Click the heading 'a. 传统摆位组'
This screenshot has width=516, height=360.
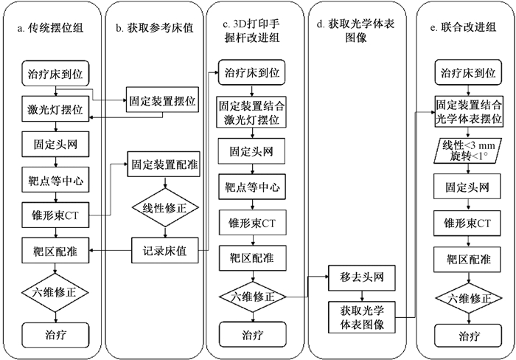(x=50, y=28)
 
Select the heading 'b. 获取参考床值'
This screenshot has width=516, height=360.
(x=155, y=28)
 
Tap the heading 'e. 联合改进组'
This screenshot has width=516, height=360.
(x=463, y=27)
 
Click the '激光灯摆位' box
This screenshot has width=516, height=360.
(x=55, y=109)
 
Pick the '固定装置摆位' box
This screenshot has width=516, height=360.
(x=163, y=100)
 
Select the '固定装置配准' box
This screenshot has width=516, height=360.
(x=164, y=164)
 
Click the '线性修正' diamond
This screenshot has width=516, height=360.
(x=166, y=207)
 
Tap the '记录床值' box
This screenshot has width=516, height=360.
(x=165, y=250)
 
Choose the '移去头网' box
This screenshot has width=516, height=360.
(x=362, y=277)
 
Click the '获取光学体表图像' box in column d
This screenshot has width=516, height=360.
(x=362, y=317)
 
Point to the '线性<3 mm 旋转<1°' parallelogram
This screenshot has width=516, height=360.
(x=469, y=150)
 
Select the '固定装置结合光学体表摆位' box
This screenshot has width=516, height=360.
(x=469, y=111)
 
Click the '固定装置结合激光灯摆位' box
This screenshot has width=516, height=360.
(x=251, y=111)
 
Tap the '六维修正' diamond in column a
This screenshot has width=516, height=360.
(x=55, y=292)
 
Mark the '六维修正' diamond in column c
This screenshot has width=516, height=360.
(x=253, y=297)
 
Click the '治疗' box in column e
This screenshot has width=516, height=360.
(x=468, y=336)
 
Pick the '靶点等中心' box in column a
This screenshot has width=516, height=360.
(x=55, y=180)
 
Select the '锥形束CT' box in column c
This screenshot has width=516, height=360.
(x=252, y=222)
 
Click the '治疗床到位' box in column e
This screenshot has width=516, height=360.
(x=468, y=72)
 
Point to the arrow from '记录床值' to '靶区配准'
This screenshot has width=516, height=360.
(x=111, y=251)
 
